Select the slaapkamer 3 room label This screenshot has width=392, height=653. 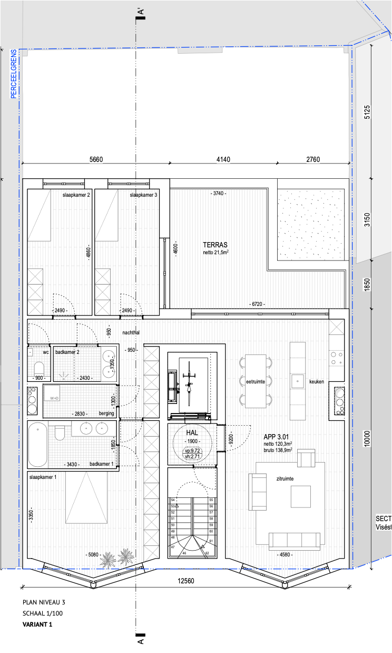[143, 195]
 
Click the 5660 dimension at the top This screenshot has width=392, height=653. [95, 160]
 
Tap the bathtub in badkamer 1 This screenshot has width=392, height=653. [37, 444]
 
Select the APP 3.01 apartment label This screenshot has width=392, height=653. [277, 437]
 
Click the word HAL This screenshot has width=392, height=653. [191, 433]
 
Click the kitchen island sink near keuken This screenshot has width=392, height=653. [297, 380]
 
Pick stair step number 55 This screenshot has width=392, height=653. [211, 500]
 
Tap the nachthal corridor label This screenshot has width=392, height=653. [131, 333]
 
